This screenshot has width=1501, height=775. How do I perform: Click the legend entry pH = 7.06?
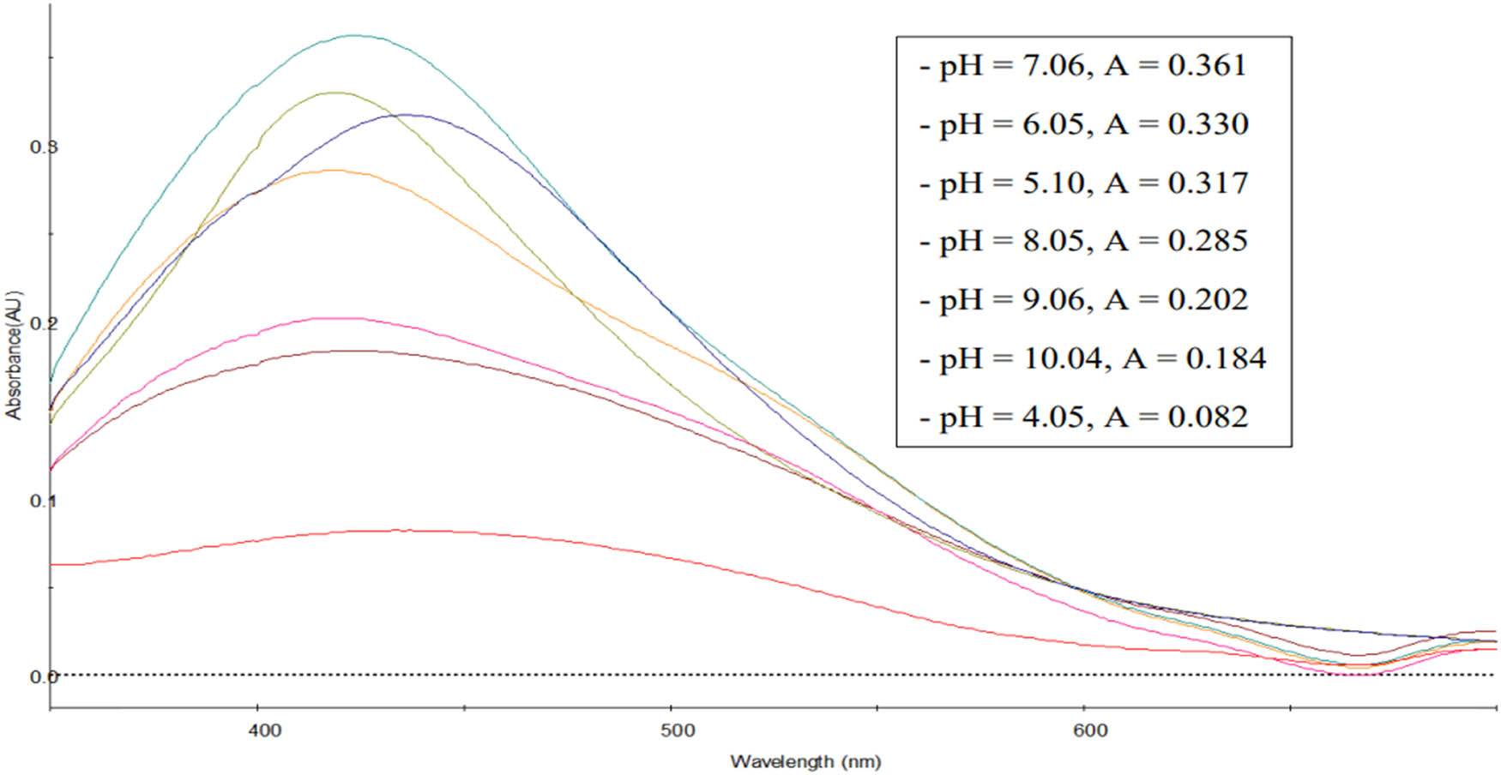click(1082, 66)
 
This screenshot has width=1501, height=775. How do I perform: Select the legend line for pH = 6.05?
click(1083, 124)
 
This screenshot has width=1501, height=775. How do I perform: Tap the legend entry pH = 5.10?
click(1083, 183)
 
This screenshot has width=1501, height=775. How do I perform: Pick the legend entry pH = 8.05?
click(1082, 242)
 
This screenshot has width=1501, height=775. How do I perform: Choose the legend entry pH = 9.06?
click(1083, 300)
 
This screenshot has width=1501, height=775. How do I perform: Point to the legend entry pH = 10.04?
click(1092, 358)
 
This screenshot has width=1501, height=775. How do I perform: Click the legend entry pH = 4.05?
click(1083, 418)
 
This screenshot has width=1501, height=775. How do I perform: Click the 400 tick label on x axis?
click(264, 730)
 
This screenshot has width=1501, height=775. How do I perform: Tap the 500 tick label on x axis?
click(678, 730)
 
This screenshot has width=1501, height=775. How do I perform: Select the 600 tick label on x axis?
click(1090, 730)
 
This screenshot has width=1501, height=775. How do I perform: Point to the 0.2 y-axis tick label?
click(43, 324)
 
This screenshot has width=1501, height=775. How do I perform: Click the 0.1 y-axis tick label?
click(43, 501)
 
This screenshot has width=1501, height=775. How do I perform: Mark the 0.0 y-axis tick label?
click(43, 677)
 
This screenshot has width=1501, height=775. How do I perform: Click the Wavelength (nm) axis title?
click(805, 761)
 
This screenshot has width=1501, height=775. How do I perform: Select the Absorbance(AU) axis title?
click(14, 355)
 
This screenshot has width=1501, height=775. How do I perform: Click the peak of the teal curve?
click(355, 36)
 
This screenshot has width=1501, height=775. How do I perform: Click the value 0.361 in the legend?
click(1207, 66)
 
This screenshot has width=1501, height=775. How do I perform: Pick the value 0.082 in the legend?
click(1208, 418)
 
